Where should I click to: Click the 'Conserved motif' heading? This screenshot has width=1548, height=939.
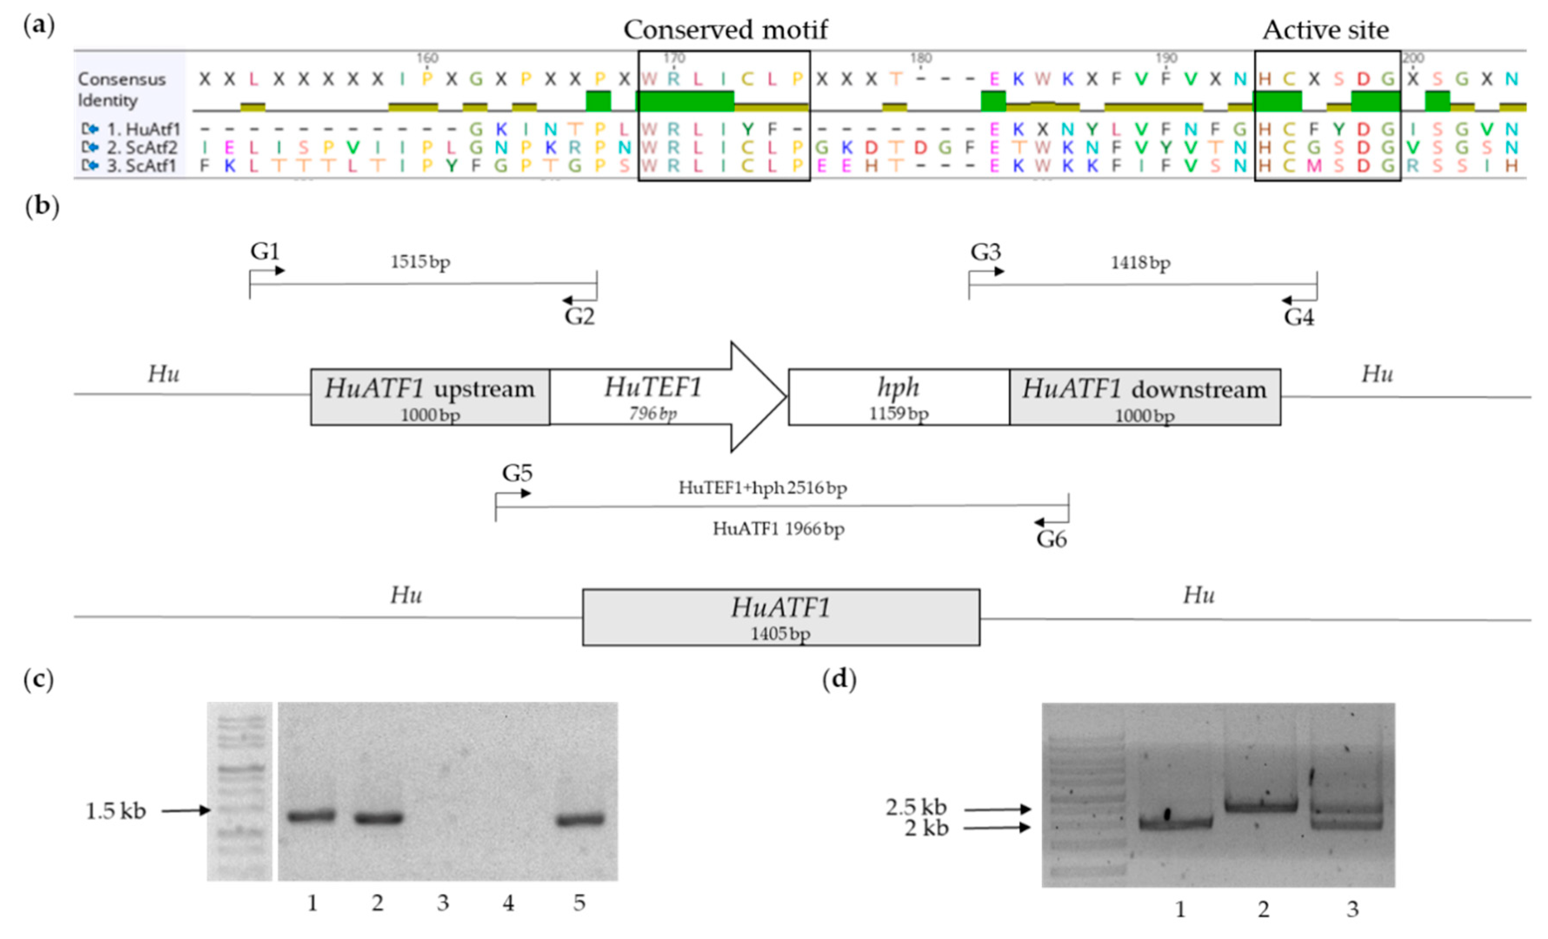tap(725, 30)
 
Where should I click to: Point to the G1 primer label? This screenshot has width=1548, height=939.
tap(264, 251)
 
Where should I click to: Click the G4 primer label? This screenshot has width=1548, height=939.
tap(1298, 318)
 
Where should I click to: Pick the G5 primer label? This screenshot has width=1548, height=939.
tap(516, 473)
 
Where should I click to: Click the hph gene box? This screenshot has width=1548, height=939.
tap(899, 397)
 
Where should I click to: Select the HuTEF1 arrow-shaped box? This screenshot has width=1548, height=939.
tap(653, 397)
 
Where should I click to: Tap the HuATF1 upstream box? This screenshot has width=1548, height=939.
tap(430, 397)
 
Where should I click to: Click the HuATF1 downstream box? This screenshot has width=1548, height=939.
tap(1144, 397)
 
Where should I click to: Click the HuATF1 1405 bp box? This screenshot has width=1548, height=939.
tap(780, 617)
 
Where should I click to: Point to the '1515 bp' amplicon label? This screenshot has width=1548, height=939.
tap(420, 261)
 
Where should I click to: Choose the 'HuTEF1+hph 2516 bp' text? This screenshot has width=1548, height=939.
tap(762, 488)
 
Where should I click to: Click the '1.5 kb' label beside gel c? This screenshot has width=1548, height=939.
tap(116, 811)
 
